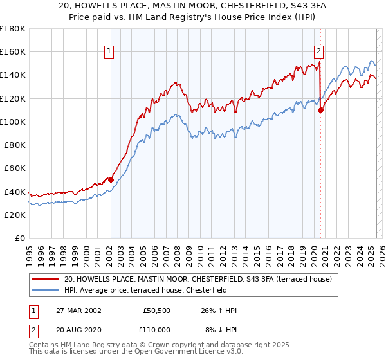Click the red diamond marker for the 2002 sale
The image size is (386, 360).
pos(111,179)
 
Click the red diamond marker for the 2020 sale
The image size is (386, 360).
pos(320,110)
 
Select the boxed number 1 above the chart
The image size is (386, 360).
pos(109,52)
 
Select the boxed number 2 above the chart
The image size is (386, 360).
pos(319,52)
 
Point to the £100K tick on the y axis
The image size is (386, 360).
pos(14,122)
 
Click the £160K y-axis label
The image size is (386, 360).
pos(14,51)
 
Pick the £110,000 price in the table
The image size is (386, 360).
pos(157,329)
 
